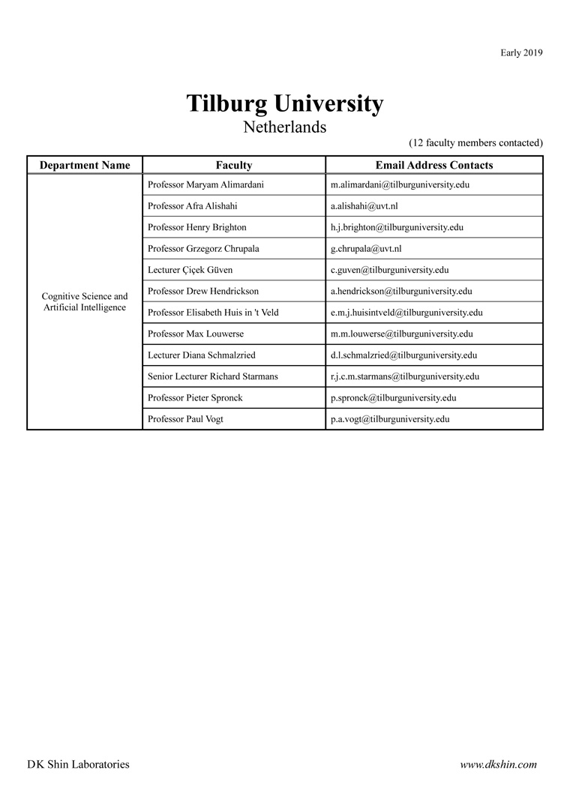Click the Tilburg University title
point(284,103)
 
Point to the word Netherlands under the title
point(284,127)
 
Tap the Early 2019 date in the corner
point(521,52)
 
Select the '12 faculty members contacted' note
point(475,142)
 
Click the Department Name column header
point(85,165)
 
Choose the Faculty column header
point(234,165)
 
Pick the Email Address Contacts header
point(434,165)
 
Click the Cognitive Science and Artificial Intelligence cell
point(85,302)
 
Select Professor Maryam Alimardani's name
point(205,184)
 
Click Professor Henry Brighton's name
point(197,227)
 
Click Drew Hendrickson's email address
point(401,291)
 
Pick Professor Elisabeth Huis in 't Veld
point(213,312)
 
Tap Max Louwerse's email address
point(401,334)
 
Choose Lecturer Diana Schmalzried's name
point(202,355)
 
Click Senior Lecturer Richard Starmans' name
point(213,376)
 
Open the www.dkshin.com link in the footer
point(498,765)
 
